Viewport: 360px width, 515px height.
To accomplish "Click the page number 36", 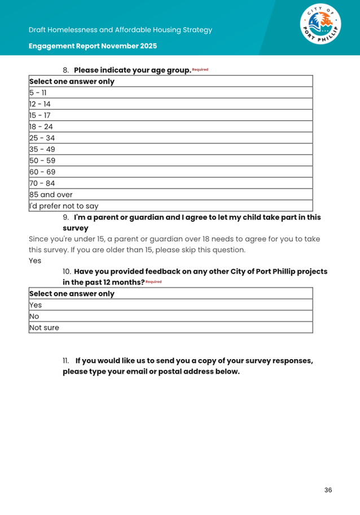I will [x=328, y=490].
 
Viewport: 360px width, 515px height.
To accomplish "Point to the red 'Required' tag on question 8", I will [x=200, y=69].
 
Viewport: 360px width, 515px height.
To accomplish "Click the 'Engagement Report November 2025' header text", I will [x=93, y=46].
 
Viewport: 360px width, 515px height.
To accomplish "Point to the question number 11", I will [x=66, y=360].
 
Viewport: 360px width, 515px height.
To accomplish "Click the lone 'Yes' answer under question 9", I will [x=35, y=261].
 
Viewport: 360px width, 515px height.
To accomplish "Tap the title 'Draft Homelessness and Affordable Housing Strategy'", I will [x=121, y=29].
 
